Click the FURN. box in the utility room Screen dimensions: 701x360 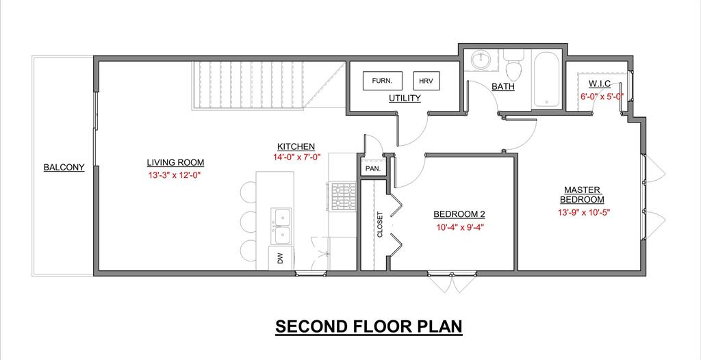[382, 81]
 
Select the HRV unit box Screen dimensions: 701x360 [426, 81]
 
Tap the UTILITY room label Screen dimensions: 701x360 [405, 98]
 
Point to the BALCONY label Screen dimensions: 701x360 [64, 168]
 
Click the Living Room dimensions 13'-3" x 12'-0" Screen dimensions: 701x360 [175, 175]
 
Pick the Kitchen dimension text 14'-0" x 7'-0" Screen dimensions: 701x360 [297, 157]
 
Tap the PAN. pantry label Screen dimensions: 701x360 [373, 168]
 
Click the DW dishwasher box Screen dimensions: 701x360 [280, 259]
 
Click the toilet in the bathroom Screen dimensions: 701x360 [513, 64]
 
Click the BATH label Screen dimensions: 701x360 [503, 87]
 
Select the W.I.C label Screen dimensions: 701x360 [600, 84]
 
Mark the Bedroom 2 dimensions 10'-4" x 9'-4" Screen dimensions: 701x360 [461, 227]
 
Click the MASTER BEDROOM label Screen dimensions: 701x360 [582, 194]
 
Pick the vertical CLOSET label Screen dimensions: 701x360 [381, 224]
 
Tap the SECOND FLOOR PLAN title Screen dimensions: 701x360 [368, 327]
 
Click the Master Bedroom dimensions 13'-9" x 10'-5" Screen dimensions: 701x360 [584, 213]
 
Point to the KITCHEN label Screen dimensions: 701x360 [296, 146]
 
